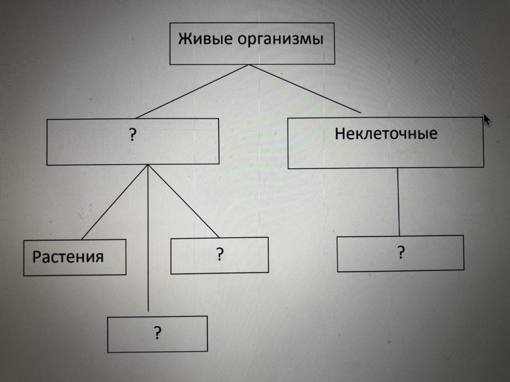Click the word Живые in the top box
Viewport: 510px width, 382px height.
[199, 39]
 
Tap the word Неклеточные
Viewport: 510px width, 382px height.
[386, 133]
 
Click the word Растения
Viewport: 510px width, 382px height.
[68, 257]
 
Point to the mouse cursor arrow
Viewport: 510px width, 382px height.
[487, 120]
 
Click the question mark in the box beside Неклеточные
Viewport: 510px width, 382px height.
[132, 136]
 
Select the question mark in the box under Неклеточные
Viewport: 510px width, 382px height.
[401, 253]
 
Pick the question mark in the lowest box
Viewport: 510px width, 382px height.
[157, 333]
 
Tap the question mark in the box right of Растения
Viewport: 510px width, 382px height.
[220, 255]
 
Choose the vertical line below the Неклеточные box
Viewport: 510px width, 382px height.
[399, 202]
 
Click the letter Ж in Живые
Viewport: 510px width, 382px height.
[184, 39]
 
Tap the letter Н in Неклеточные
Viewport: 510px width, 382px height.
[339, 133]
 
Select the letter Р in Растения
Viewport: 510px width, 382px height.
[37, 257]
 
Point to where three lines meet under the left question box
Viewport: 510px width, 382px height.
[148, 165]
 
